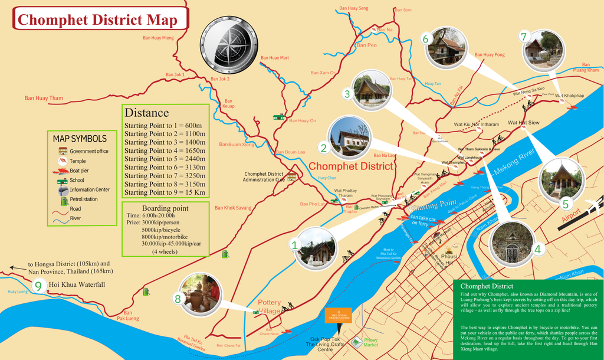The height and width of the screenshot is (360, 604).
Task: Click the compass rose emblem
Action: pyautogui.click(x=228, y=45)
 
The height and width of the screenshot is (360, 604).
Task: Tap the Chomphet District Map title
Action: pyautogui.click(x=97, y=20)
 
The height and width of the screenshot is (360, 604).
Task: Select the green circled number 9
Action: pyautogui.click(x=38, y=286)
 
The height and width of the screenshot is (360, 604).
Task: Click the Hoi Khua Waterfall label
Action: pyautogui.click(x=77, y=285)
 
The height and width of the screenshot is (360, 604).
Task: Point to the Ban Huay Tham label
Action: pyautogui.click(x=44, y=98)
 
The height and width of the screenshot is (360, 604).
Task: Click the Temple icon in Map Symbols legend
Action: pyautogui.click(x=62, y=161)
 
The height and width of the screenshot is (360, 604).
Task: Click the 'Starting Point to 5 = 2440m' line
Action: pyautogui.click(x=165, y=159)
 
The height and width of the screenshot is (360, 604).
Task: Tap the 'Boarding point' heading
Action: pyautogui.click(x=165, y=208)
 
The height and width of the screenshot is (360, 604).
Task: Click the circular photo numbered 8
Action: pyautogui.click(x=200, y=293)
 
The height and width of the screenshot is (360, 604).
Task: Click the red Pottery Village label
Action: pyautogui.click(x=270, y=306)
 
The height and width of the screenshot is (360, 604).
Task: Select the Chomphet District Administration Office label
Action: pyautogui.click(x=264, y=176)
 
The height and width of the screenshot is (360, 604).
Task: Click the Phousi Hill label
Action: pyautogui.click(x=450, y=260)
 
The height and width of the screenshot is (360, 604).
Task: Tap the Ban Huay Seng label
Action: pyautogui.click(x=353, y=8)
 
